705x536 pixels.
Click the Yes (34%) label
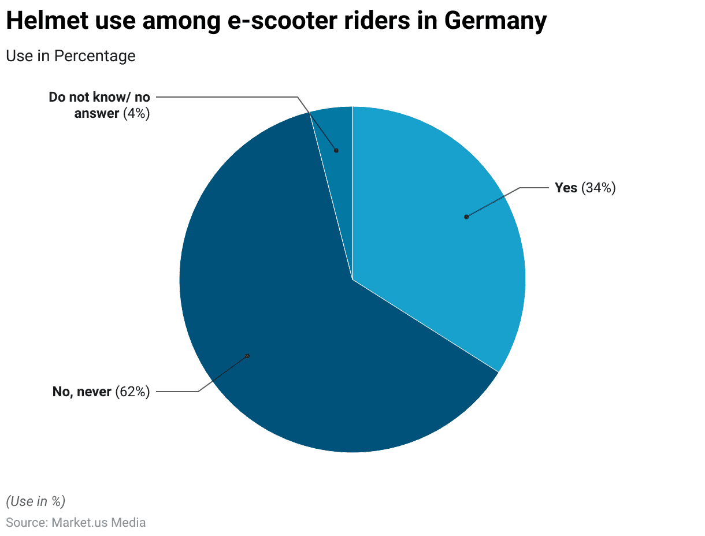585,188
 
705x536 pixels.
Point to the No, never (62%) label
101,392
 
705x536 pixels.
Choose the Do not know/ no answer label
99,105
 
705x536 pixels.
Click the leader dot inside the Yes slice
466,217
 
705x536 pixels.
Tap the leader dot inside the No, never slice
247,356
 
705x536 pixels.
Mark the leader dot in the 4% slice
336,151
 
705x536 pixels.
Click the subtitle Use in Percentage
70,56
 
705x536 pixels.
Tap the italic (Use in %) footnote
36,501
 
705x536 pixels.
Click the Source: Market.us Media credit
76,523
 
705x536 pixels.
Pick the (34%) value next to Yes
599,188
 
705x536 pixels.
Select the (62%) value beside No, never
132,392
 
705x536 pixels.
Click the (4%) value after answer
136,113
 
